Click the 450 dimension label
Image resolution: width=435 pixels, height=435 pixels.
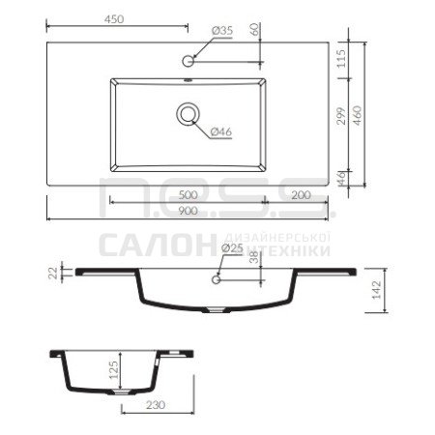click(114, 19)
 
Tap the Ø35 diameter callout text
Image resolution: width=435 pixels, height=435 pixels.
click(222, 31)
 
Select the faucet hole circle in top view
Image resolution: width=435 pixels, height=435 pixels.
click(188, 61)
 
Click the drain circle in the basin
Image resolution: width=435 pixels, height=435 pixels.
click(188, 114)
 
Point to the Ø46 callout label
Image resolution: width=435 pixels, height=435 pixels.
click(221, 131)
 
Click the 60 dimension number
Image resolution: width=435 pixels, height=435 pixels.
click(254, 30)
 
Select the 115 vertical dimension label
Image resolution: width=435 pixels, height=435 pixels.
click(341, 58)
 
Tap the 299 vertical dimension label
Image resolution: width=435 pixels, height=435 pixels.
click(341, 116)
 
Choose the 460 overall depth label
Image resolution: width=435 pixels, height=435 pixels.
click(357, 116)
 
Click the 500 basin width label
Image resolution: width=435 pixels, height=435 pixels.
click(188, 195)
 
